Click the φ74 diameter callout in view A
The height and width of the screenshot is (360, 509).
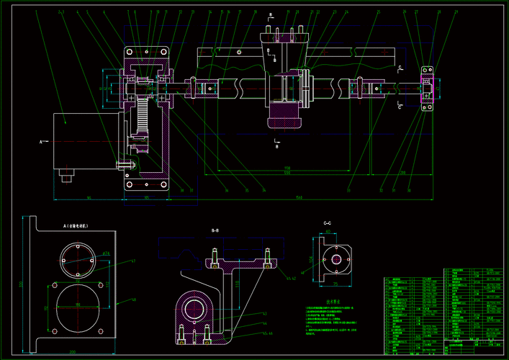pos(105,254)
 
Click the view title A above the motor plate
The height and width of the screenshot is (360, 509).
pos(75,225)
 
